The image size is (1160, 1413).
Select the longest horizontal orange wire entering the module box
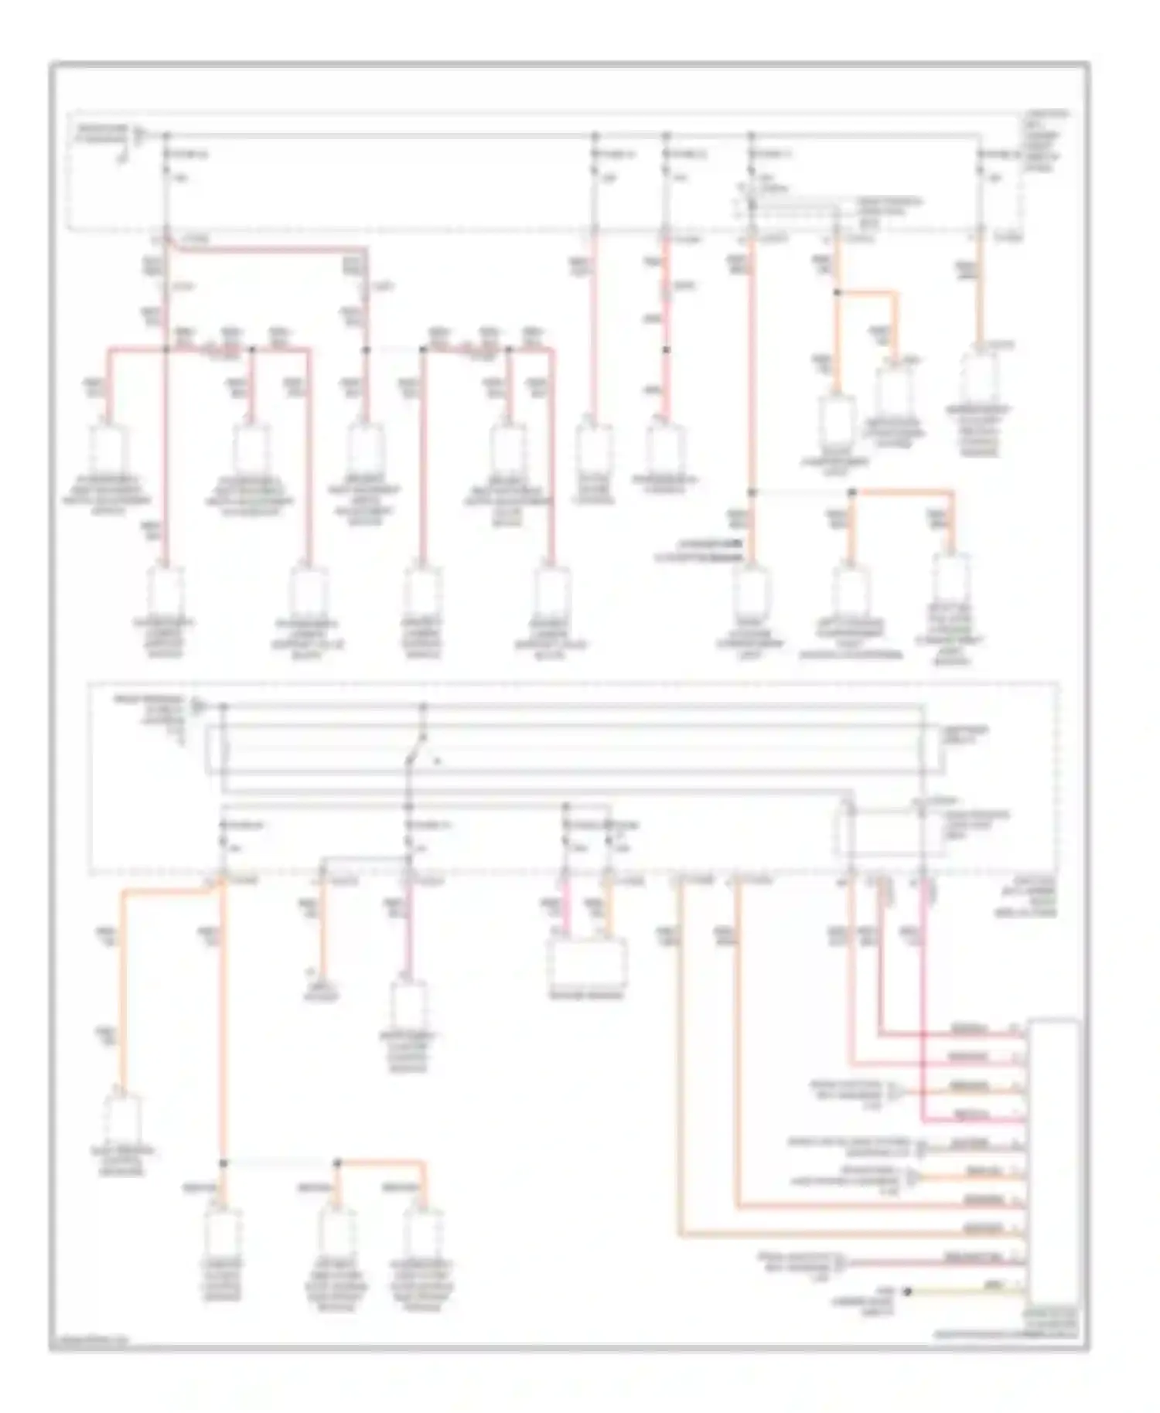tap(851, 1234)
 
